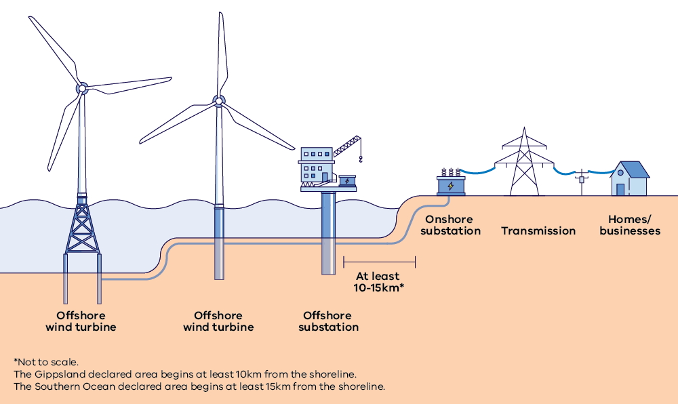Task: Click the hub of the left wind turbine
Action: (x=81, y=88)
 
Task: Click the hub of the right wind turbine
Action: (x=218, y=102)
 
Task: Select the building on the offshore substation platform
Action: (x=317, y=165)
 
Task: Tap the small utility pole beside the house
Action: (x=581, y=181)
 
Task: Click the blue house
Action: (x=629, y=179)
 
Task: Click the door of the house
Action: (x=620, y=188)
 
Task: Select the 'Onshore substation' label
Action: (x=450, y=225)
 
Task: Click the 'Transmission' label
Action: (x=538, y=231)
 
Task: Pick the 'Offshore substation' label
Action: (x=328, y=321)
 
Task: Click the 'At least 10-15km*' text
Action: (x=378, y=282)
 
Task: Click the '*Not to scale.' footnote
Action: (x=45, y=361)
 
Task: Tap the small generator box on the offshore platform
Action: (x=346, y=181)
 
